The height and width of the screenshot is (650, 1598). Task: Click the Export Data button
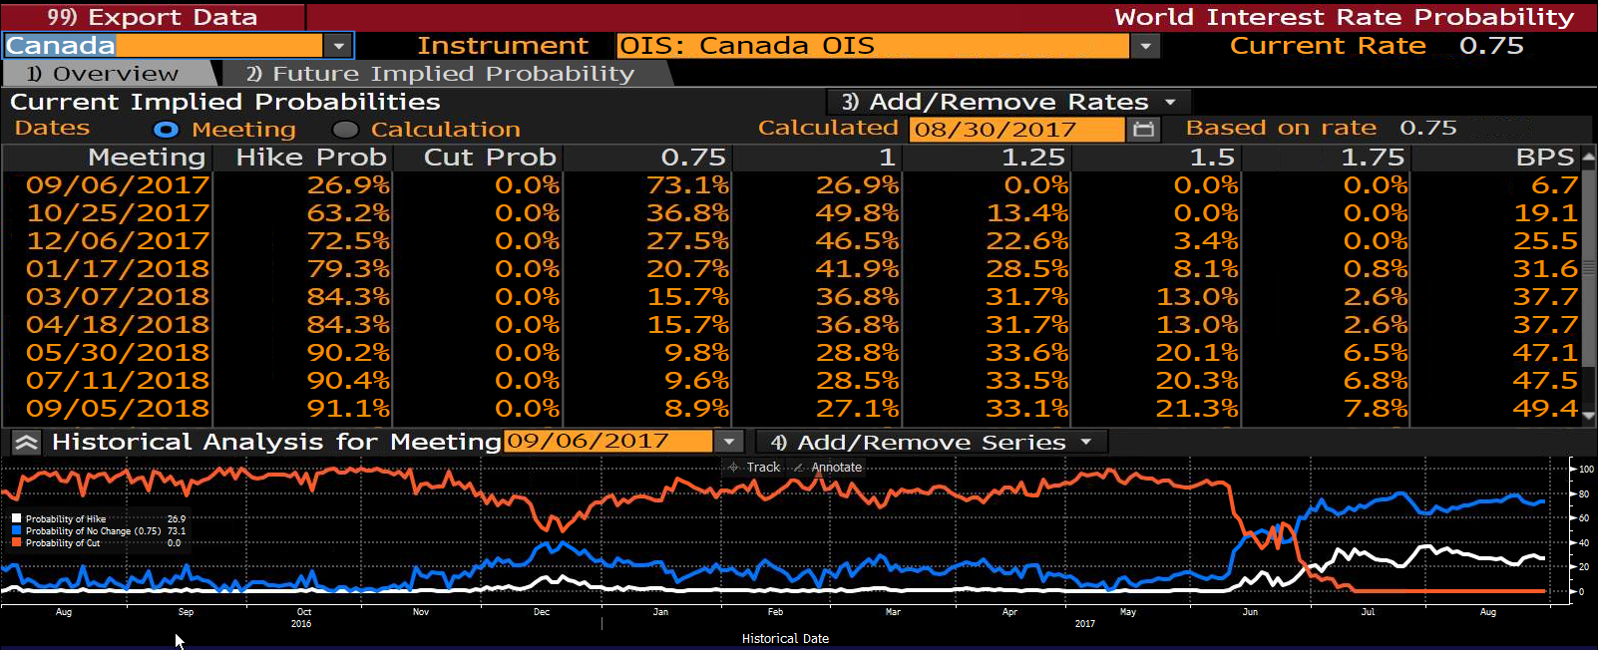[x=153, y=16]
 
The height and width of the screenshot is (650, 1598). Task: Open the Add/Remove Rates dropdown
[x=1008, y=102]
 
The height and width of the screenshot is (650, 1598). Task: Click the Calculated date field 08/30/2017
[x=1015, y=129]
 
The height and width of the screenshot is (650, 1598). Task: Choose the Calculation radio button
[x=346, y=130]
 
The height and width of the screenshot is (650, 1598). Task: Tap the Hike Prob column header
[x=311, y=157]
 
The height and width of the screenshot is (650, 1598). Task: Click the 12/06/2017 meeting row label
[x=118, y=241]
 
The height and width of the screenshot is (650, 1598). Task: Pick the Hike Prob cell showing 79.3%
[x=349, y=269]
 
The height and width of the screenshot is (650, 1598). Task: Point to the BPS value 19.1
[x=1545, y=213]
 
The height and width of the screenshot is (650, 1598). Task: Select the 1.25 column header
[x=1034, y=157]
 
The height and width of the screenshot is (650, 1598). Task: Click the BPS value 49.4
[x=1545, y=409]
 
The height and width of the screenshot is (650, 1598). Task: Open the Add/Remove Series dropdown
[x=932, y=442]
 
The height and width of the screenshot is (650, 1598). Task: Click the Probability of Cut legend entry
[x=63, y=543]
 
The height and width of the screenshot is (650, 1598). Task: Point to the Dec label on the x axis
[x=542, y=611]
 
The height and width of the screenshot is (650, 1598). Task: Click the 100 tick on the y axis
[x=1586, y=469]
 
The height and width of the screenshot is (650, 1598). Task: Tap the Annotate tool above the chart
[x=828, y=467]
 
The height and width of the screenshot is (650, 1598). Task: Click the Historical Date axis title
[x=785, y=639]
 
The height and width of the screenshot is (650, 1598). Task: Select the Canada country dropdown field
[x=179, y=46]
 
